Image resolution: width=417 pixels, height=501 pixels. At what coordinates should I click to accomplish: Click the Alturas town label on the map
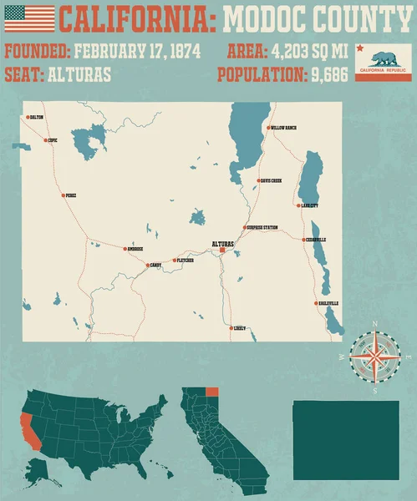coord(223,243)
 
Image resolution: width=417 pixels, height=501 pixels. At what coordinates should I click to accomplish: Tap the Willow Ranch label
coord(283,128)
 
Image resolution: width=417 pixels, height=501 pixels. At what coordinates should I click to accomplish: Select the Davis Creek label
coord(271,180)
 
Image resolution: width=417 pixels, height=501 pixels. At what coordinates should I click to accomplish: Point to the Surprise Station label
coord(263,227)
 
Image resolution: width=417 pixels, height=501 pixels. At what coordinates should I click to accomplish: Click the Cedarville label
coord(317,240)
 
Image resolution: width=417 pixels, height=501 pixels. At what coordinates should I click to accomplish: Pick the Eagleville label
coord(328,302)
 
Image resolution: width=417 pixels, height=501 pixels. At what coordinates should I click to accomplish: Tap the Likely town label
coord(240,328)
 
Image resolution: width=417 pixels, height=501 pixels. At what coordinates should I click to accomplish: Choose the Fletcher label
coord(186,261)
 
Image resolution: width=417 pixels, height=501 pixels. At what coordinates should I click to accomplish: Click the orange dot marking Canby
coord(148,266)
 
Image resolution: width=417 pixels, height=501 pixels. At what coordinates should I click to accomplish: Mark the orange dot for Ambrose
coord(125,249)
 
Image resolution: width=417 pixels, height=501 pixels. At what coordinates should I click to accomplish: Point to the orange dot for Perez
coord(63,195)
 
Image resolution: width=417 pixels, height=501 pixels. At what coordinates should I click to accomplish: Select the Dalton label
coord(36,118)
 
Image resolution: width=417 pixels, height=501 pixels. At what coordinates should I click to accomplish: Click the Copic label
coord(53,140)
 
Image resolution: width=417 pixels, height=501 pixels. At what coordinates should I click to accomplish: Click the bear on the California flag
coord(383,59)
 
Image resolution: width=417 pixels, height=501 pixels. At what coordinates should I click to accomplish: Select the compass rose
coord(374,357)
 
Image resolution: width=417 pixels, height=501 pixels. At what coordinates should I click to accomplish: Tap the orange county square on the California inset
coord(211,392)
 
